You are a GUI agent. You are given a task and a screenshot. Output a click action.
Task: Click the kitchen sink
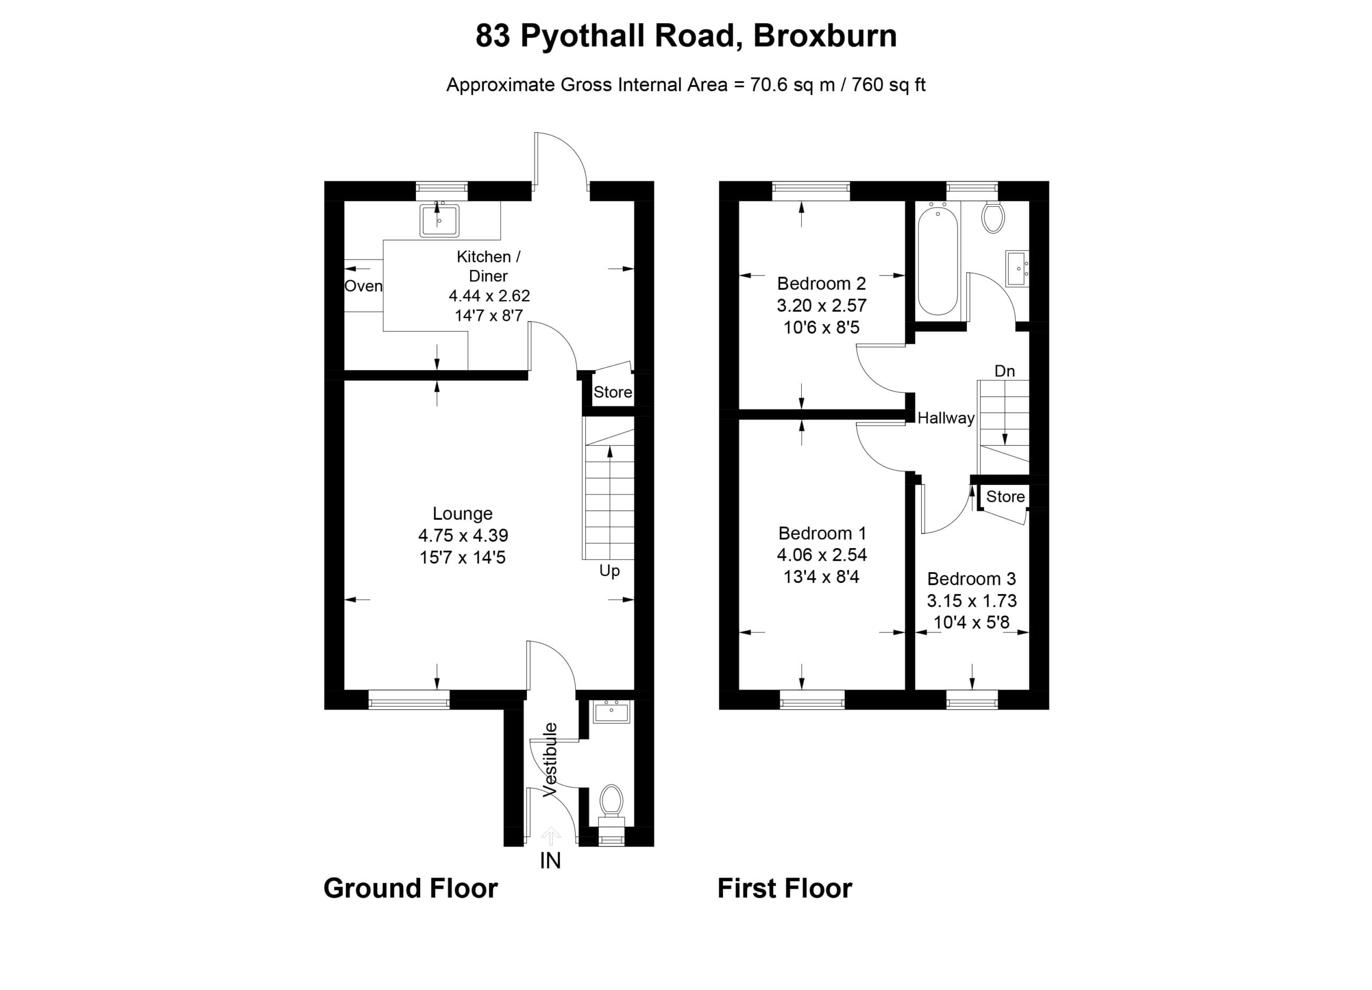[439, 220]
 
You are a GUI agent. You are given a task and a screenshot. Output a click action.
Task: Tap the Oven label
[363, 286]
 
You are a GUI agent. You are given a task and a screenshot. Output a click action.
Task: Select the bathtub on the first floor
[938, 259]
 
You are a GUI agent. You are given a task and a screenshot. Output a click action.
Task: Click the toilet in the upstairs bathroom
[993, 216]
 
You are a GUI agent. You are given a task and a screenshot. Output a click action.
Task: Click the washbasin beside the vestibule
[612, 712]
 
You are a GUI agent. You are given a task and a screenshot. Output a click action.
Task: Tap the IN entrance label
[550, 860]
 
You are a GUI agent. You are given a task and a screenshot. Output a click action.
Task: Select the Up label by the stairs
[609, 571]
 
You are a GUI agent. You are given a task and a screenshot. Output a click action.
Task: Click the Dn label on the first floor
[1005, 371]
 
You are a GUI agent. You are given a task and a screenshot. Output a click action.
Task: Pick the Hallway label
[946, 418]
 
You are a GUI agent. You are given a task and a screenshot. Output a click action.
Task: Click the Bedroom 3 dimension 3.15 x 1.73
[972, 601]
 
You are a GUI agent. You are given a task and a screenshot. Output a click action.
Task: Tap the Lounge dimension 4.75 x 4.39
[463, 535]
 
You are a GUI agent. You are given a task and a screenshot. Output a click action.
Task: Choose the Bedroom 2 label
[822, 283]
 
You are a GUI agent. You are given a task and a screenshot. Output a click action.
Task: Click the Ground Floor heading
[411, 888]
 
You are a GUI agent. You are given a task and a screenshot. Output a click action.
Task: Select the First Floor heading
[785, 888]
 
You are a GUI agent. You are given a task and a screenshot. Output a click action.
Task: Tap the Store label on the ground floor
[613, 392]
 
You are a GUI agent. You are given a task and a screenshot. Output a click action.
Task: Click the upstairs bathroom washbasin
[1017, 268]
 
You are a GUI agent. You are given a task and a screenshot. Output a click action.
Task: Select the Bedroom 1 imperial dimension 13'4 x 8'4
[822, 576]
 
